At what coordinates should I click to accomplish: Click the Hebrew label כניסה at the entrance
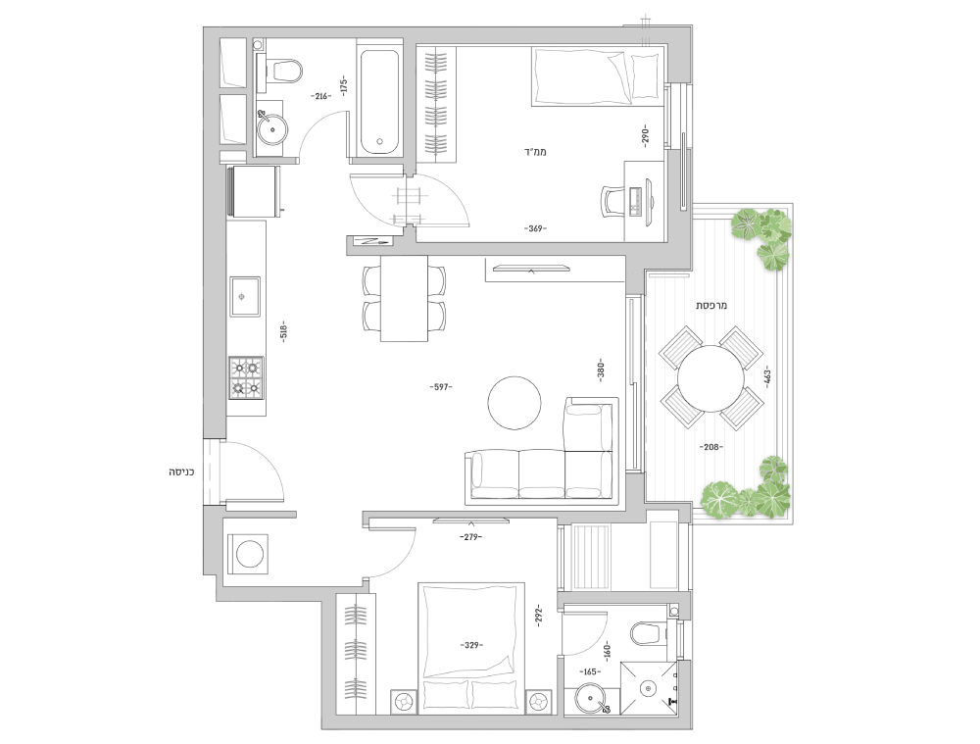point(181,471)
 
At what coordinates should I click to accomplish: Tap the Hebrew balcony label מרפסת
point(711,306)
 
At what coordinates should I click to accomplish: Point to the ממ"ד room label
point(536,151)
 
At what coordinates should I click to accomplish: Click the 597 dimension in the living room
point(441,387)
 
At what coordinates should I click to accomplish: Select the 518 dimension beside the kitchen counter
point(283,331)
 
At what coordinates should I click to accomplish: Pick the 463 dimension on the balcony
point(767,375)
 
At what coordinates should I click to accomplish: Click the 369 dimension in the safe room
point(535,228)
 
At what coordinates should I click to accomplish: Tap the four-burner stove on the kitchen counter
point(246,377)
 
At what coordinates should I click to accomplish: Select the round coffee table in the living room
point(514,403)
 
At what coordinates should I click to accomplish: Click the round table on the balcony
point(710,378)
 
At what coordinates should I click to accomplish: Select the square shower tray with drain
point(649,688)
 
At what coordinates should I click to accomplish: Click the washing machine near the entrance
point(248,554)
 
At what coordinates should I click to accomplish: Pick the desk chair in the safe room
point(613,201)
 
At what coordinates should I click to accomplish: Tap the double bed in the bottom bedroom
point(471,648)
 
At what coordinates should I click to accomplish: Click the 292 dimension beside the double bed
point(539,616)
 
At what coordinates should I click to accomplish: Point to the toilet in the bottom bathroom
point(649,632)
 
